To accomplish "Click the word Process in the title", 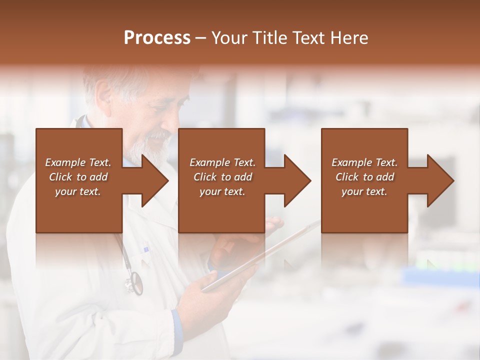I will (x=157, y=38).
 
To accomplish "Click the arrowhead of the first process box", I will (x=154, y=180).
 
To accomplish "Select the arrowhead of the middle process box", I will (x=297, y=180).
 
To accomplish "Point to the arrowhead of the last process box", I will (x=440, y=180).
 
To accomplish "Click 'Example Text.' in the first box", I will (x=78, y=162).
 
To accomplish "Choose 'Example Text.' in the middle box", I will (x=222, y=162).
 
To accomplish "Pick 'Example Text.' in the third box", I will (x=364, y=162).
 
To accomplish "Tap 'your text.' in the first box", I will (x=78, y=191).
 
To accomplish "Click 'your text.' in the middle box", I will (x=222, y=191).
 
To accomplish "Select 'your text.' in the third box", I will (x=364, y=191).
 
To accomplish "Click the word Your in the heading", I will (x=230, y=38).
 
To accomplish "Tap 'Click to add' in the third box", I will (x=364, y=177).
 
